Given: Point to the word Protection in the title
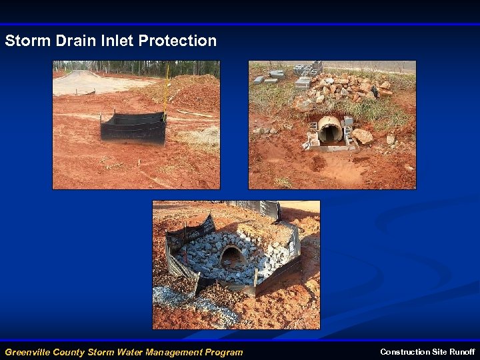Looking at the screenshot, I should pos(177,41).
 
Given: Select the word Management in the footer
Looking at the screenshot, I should pos(176,352).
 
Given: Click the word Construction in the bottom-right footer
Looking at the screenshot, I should pos(405,351).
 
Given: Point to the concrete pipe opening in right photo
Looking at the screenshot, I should pos(330,129).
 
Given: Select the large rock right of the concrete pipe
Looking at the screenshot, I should pos(363,137).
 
